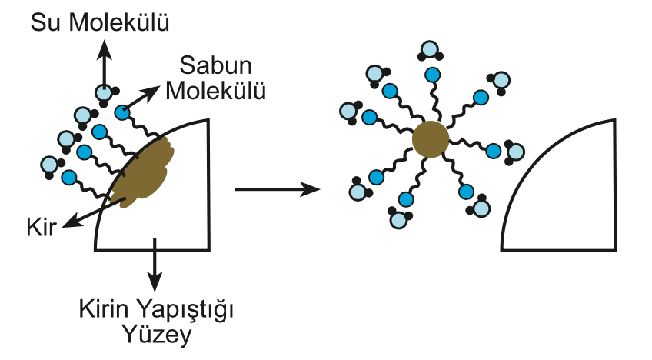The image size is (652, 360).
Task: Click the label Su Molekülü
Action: pyautogui.click(x=99, y=22)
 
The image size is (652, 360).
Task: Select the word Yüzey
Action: pyautogui.click(x=157, y=335)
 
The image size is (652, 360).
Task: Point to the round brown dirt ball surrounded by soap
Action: pyautogui.click(x=430, y=139)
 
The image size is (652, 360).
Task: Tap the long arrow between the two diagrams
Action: pyautogui.click(x=277, y=188)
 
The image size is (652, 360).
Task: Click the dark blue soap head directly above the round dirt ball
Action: pyautogui.click(x=431, y=75)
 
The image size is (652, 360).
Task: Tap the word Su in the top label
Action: pyautogui.click(x=47, y=22)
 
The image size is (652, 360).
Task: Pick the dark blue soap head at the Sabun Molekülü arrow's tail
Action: pyautogui.click(x=121, y=112)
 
